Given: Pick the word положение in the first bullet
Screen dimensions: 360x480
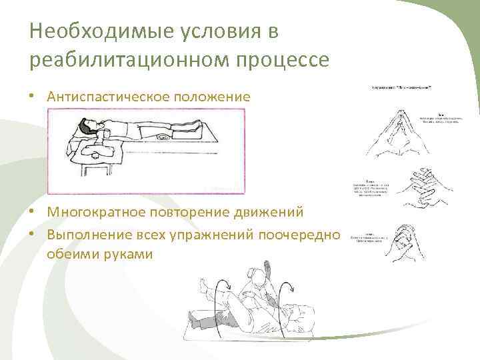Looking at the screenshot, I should point(213,97).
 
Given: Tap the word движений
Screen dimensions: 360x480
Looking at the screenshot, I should point(269,212).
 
